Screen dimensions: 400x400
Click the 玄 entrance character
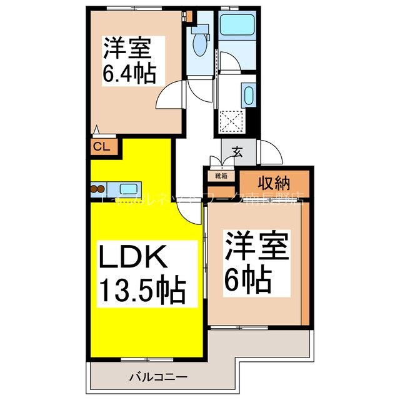(x=238, y=151)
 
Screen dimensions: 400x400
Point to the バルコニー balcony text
(x=159, y=377)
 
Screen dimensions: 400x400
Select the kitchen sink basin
(x=129, y=188)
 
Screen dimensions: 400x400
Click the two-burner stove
(x=98, y=188)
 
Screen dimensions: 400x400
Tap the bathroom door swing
(x=227, y=62)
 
